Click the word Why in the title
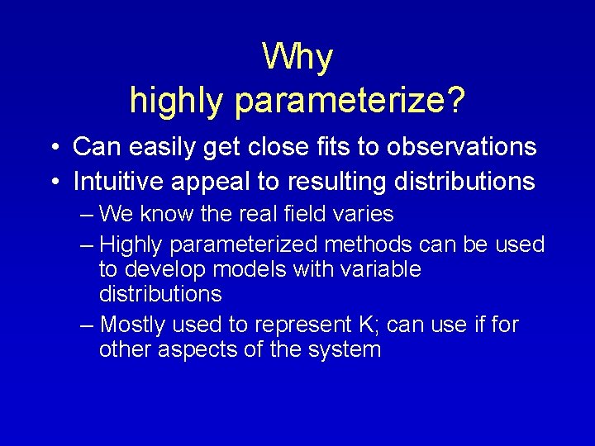click(297, 57)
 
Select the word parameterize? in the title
click(350, 101)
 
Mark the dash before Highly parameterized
click(88, 245)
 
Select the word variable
click(381, 269)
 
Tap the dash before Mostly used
click(88, 325)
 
